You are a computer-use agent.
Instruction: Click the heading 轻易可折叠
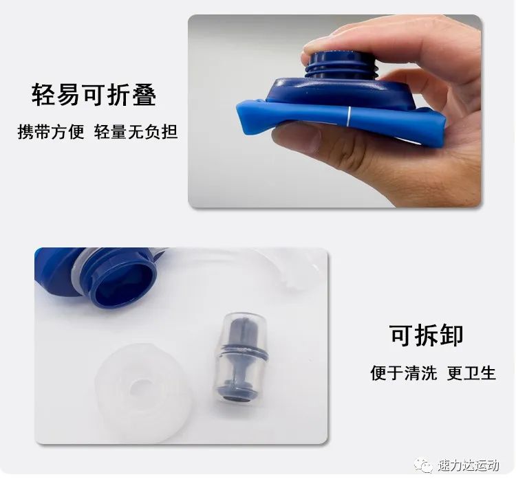(94, 95)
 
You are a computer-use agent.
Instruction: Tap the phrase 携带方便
(51, 132)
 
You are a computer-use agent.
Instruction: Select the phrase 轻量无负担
(136, 132)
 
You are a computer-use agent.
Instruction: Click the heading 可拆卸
(426, 335)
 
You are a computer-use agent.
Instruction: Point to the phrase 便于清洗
(404, 373)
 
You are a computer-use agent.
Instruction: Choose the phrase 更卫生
(471, 373)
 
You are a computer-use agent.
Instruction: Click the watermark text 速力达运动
(469, 465)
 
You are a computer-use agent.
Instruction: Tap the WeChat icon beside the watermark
(424, 465)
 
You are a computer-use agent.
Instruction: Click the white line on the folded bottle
(348, 116)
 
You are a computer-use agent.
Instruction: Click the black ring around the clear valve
(243, 350)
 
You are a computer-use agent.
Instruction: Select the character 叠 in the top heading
(144, 95)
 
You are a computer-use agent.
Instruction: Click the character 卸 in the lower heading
(451, 335)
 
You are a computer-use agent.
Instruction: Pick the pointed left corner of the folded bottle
(237, 106)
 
